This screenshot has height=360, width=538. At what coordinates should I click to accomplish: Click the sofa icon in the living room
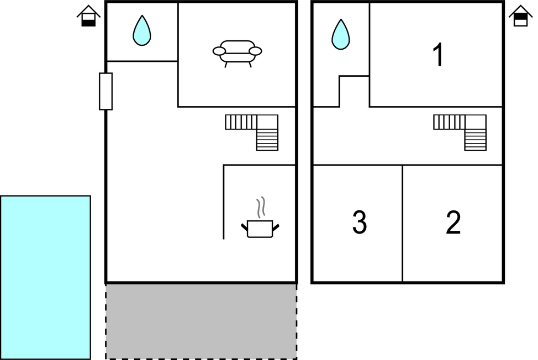237,52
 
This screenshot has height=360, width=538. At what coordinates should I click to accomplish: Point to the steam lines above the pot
261,207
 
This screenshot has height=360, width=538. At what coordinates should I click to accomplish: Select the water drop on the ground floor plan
142,31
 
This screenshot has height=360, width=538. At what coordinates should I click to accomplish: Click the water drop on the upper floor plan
341,35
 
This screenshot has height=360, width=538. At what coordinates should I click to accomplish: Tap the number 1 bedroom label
438,55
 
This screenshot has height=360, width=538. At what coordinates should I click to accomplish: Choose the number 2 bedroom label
453,223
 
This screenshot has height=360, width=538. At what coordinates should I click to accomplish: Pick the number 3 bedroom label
359,223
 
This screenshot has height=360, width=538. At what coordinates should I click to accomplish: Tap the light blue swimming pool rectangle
45,277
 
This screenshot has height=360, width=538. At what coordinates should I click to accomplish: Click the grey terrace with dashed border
201,321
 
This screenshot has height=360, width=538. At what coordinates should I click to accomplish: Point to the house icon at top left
88,16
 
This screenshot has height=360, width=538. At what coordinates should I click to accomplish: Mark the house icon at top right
520,16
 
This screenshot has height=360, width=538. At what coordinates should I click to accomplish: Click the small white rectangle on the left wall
106,91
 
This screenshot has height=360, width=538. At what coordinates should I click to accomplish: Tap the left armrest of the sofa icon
219,51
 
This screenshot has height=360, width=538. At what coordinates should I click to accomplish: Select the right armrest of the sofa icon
255,51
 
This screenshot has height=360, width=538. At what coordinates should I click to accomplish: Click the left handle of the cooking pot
244,226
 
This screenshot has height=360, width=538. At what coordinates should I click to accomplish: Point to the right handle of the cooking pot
276,226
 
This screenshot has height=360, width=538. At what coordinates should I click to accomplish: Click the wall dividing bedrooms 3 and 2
402,224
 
